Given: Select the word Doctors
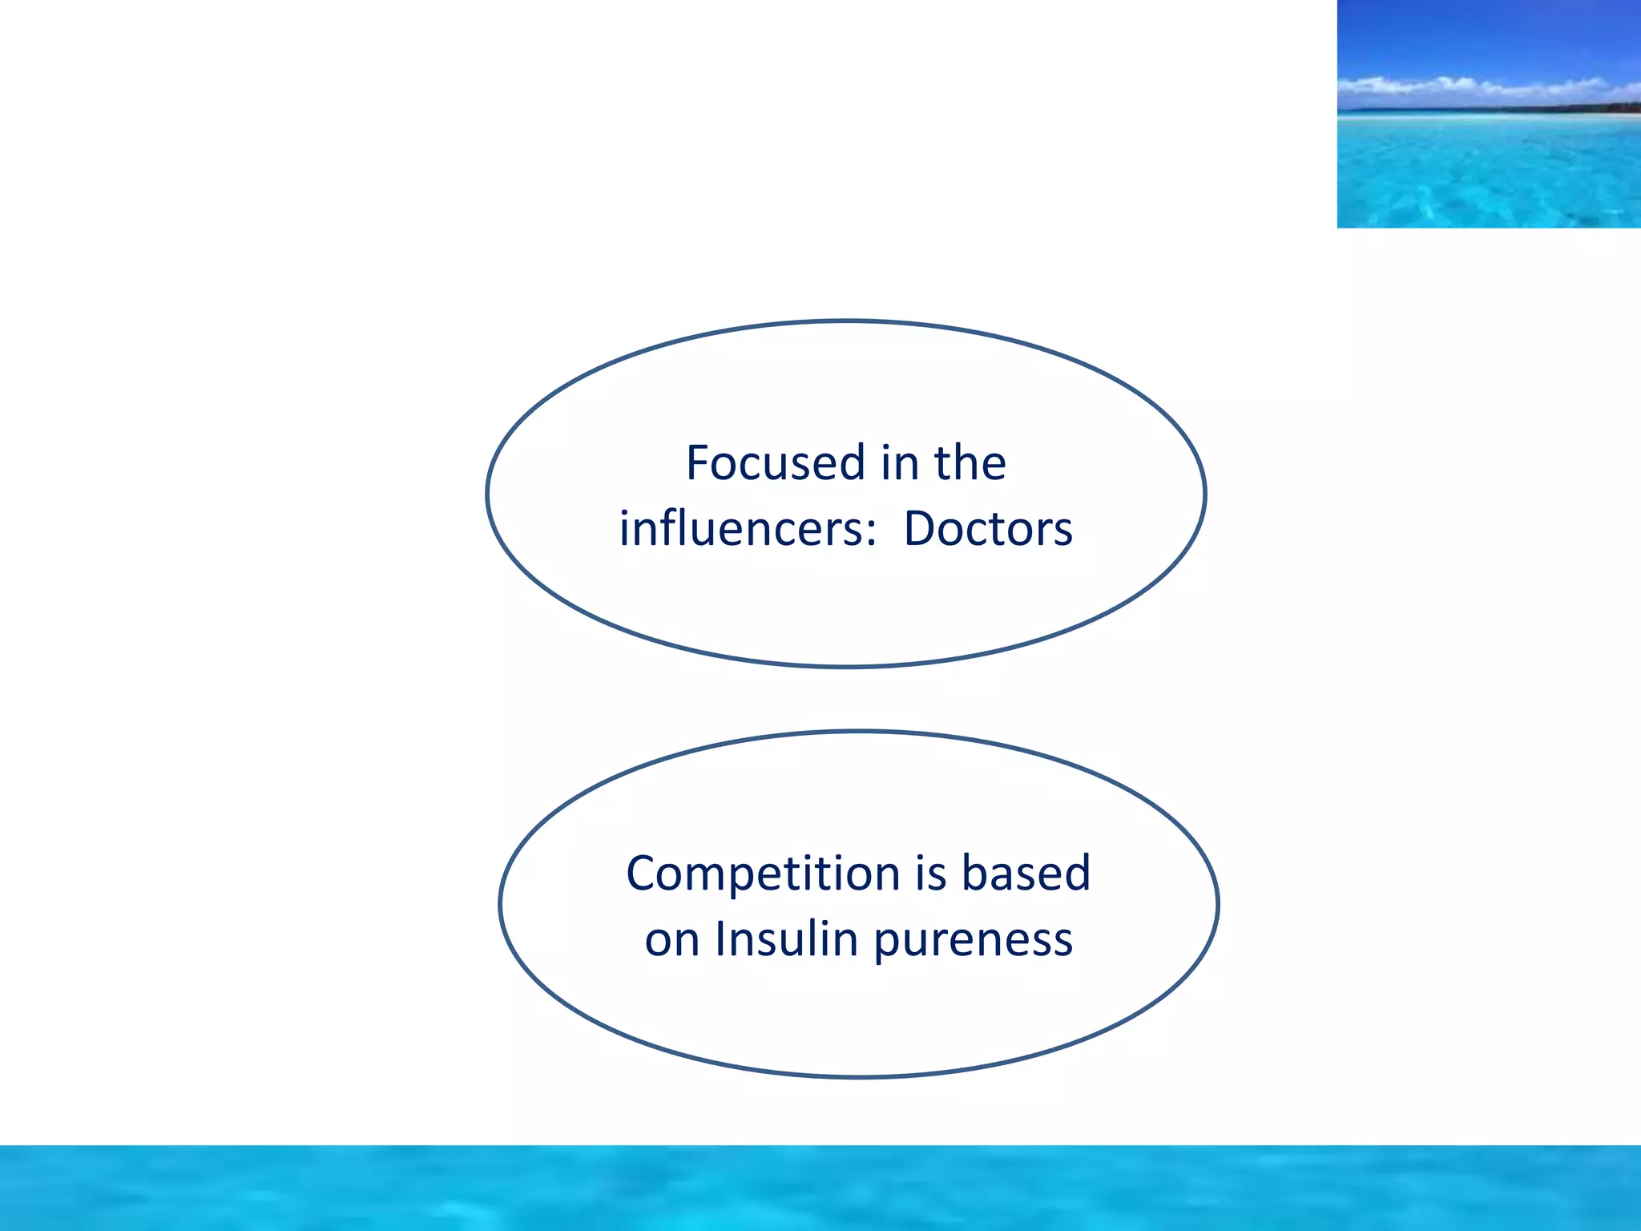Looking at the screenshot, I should [987, 529].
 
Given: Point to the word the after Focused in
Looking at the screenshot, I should [970, 463].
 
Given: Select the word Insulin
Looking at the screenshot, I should [786, 939].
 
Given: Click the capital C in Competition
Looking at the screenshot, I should [643, 874].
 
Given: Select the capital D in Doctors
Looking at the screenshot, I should [920, 529].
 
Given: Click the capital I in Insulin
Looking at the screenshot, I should [720, 939].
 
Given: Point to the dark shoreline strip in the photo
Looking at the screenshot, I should [1522, 108].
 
